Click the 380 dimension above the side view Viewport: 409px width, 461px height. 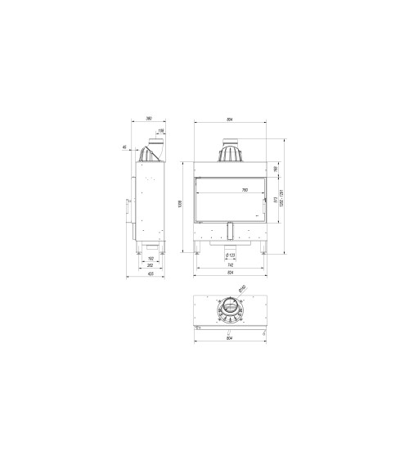coord(149,120)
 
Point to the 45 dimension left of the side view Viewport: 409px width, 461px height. coord(124,148)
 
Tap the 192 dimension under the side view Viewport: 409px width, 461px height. coord(151,259)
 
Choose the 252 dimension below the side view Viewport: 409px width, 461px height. coord(150,266)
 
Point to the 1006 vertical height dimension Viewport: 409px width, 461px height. coord(179,204)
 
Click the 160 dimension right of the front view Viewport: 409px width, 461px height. coord(276,169)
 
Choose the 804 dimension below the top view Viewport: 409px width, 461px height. coord(230,340)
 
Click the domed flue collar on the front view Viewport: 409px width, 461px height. coord(230,152)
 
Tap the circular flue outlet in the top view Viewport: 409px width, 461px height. coord(230,311)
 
